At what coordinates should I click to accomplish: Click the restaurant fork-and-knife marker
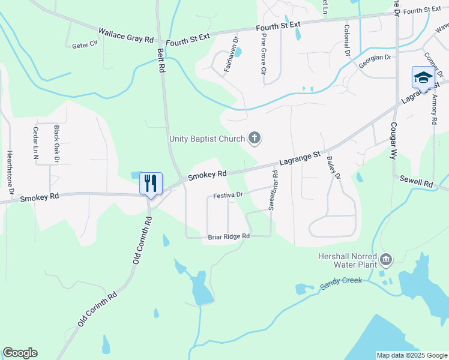pos(151,183)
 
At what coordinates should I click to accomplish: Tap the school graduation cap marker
pos(423,78)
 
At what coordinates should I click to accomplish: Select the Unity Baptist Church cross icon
pos(255,139)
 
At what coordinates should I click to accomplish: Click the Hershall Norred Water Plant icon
pos(386,259)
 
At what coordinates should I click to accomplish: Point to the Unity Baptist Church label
pos(207,139)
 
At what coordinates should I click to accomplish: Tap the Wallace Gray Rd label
pos(126,34)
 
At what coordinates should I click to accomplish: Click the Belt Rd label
pos(161,61)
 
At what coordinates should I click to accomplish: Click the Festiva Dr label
pos(228,195)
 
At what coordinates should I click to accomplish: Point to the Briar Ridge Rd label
pos(229,237)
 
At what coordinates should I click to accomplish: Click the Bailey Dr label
pos(333,168)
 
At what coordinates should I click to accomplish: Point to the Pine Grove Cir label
pos(264,54)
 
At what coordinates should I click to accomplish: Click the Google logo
pos(20,352)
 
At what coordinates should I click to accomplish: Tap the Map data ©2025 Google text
pos(412,355)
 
